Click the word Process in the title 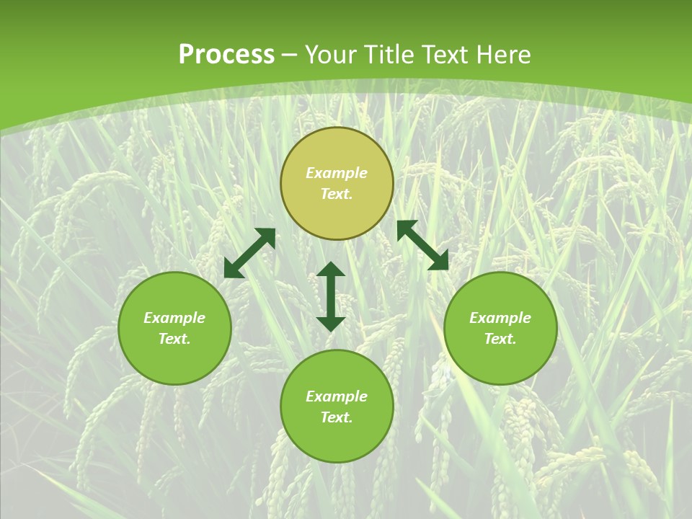point(226,55)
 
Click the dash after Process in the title point(290,56)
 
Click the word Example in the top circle point(337,173)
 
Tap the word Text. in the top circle point(337,194)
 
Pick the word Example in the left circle point(174,318)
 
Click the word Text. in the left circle point(174,339)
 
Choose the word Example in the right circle point(500,318)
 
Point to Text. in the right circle point(500,339)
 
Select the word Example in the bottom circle point(337,396)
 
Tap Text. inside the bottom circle point(337,417)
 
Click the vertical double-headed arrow point(331,296)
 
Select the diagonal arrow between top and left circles point(249,253)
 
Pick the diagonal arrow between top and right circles point(423,245)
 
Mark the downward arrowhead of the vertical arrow point(331,324)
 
